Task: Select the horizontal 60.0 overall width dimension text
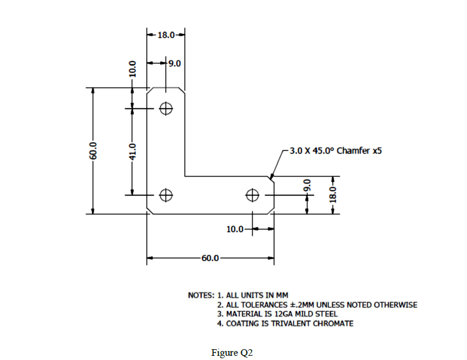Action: point(210,259)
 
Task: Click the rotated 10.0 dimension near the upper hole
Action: point(133,69)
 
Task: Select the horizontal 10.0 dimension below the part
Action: point(235,229)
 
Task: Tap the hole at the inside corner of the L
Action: point(166,194)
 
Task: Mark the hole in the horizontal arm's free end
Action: point(253,194)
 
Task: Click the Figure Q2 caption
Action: point(232,352)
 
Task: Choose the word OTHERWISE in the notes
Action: point(395,305)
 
